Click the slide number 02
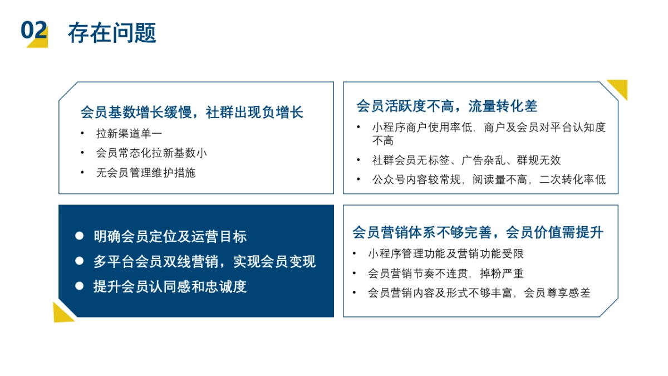33,31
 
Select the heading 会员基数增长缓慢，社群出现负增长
191,112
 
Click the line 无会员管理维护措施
146,173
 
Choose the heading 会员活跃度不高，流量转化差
446,106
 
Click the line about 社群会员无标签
466,160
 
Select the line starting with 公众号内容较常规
489,180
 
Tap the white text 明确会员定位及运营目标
170,237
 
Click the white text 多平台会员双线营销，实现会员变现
204,262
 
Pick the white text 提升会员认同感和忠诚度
170,287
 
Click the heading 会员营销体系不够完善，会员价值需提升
478,232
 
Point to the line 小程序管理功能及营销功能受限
445,254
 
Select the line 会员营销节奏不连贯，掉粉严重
445,274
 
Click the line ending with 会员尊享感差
479,293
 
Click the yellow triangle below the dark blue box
61,314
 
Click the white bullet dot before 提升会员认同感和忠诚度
80,286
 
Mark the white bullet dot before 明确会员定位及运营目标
80,236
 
